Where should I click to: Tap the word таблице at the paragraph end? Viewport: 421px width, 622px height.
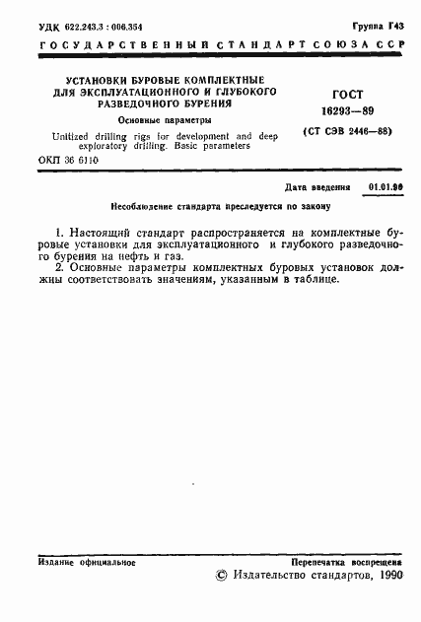point(312,279)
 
